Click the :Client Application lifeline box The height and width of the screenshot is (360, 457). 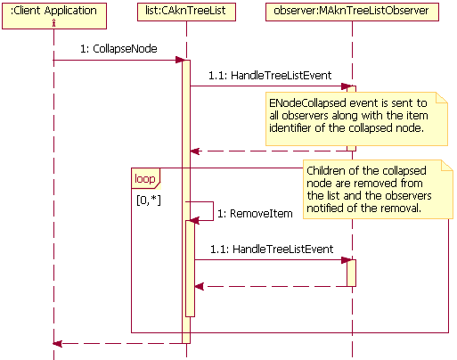click(x=53, y=13)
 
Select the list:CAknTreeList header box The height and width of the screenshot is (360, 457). click(x=186, y=13)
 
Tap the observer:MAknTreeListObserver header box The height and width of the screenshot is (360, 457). click(x=352, y=13)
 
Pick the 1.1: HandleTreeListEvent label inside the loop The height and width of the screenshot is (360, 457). click(x=271, y=250)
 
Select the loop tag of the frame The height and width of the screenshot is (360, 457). click(x=144, y=178)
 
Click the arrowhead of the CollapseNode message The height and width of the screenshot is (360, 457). click(x=178, y=61)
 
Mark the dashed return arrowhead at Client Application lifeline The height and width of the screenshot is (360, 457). click(x=58, y=343)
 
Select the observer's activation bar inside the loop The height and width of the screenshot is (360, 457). click(x=352, y=272)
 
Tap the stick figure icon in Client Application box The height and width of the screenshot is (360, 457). click(x=53, y=23)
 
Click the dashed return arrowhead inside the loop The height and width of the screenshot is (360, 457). click(x=199, y=286)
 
